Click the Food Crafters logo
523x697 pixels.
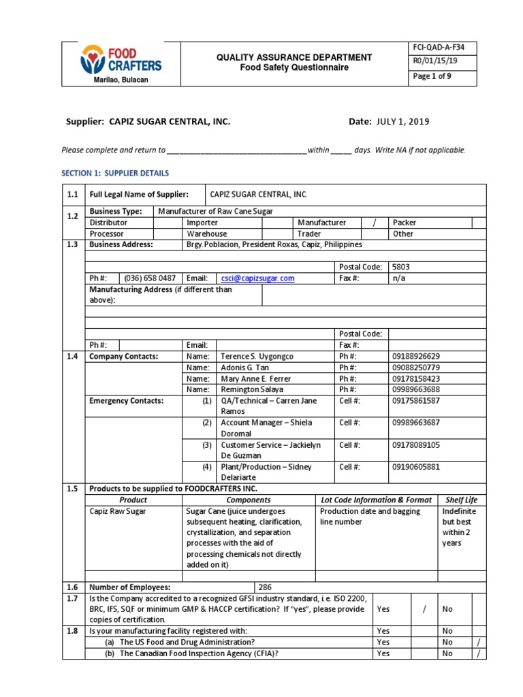click(x=121, y=61)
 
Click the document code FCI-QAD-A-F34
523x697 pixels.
click(x=436, y=48)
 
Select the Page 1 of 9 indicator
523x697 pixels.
click(x=432, y=76)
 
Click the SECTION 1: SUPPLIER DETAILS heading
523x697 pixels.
click(x=115, y=174)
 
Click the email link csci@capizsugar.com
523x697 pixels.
click(x=257, y=278)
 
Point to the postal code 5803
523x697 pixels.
click(x=400, y=268)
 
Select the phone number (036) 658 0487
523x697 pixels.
click(x=150, y=278)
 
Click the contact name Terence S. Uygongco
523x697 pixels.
click(x=256, y=357)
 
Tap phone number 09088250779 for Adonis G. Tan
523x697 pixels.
click(x=417, y=368)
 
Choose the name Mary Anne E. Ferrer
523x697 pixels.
click(x=255, y=378)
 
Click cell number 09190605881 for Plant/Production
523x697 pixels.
click(x=417, y=467)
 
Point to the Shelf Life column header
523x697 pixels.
click(x=462, y=500)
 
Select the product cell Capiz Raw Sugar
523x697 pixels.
click(x=117, y=511)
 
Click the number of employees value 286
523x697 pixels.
click(x=266, y=587)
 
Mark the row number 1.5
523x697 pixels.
click(x=73, y=489)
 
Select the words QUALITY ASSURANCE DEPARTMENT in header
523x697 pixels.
click(x=294, y=57)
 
